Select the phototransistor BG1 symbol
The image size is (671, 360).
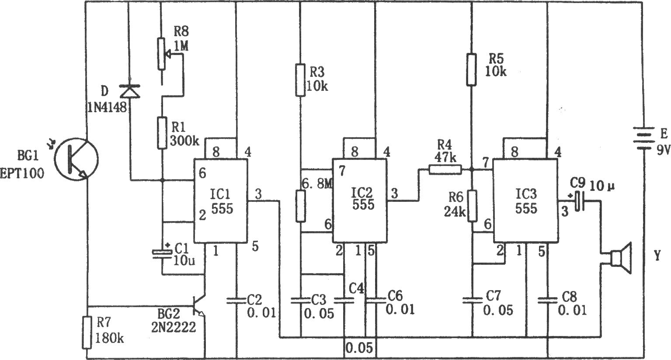(x=76, y=159)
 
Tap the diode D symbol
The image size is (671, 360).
(x=130, y=91)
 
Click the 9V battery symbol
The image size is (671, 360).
(x=643, y=139)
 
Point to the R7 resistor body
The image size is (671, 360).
(x=87, y=332)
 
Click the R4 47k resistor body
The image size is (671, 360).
(x=445, y=170)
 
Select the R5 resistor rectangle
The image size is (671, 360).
(x=471, y=69)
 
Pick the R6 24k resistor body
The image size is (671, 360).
(x=472, y=205)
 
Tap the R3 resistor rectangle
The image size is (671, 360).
(x=300, y=80)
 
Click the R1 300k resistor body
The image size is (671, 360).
(x=162, y=133)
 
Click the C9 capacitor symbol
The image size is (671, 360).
(x=580, y=201)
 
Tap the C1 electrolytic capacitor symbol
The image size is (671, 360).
(x=162, y=253)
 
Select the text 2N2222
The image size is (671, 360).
(x=174, y=327)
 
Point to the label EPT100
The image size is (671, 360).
(x=22, y=173)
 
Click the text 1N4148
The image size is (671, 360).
(x=107, y=107)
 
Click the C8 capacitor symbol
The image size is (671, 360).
(x=547, y=300)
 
